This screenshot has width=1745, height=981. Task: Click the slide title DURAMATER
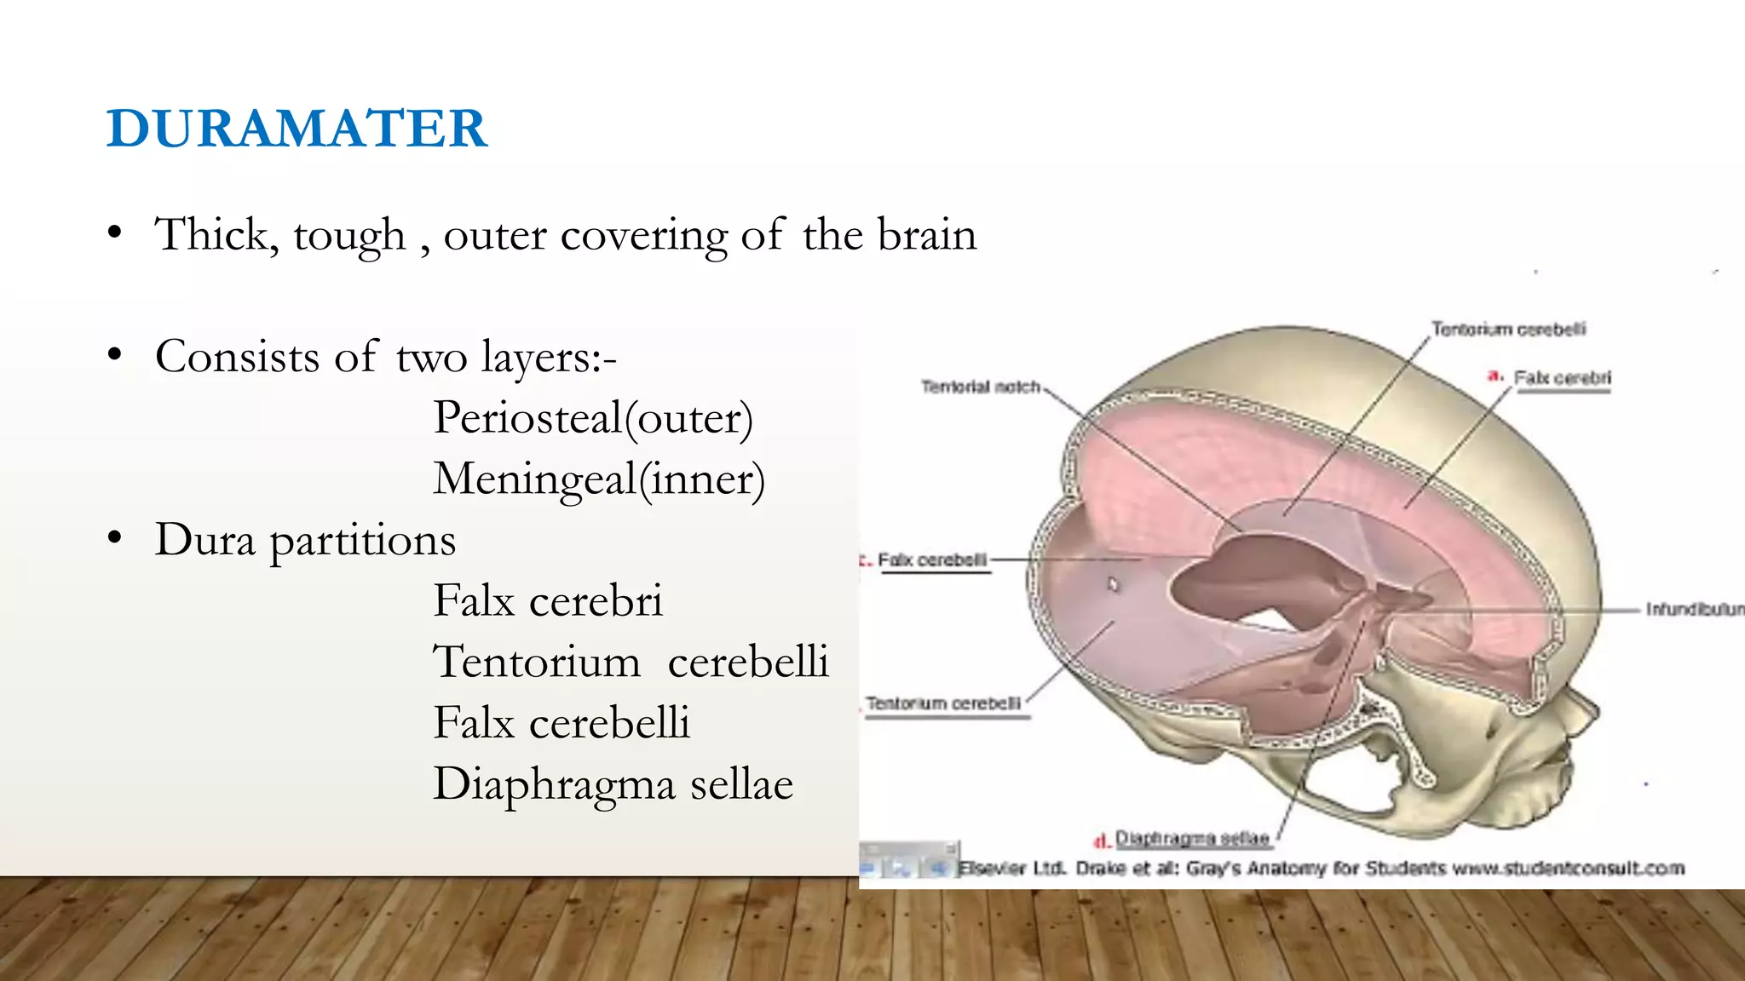(x=297, y=129)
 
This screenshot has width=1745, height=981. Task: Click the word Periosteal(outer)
(x=593, y=418)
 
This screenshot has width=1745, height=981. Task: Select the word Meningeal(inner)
(x=599, y=479)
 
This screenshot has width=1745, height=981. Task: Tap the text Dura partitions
(x=305, y=540)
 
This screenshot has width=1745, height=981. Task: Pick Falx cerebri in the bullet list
(x=548, y=601)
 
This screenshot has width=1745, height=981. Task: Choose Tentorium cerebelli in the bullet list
(x=631, y=662)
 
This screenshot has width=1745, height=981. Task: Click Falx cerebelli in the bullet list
(x=562, y=723)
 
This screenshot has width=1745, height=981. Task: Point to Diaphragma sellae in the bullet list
(x=613, y=784)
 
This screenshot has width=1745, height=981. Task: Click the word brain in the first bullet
(x=927, y=235)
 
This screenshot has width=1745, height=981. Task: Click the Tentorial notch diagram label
(x=980, y=387)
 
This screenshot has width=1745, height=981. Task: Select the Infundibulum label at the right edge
(x=1694, y=609)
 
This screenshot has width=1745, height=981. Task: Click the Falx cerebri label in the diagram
(x=1562, y=378)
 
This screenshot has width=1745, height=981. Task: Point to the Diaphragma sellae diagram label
(x=1192, y=839)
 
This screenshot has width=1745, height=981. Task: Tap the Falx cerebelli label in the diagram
(x=932, y=560)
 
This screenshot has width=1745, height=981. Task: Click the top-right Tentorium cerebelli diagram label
(x=1508, y=329)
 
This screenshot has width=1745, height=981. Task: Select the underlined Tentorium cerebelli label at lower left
(x=943, y=703)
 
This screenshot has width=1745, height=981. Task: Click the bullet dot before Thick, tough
(x=115, y=233)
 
